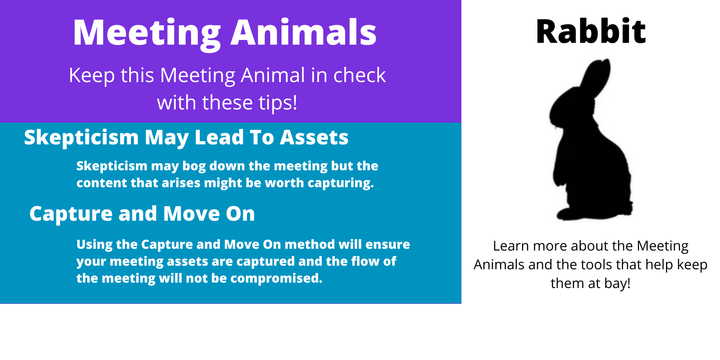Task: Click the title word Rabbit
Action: click(591, 32)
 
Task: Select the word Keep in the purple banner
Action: click(91, 76)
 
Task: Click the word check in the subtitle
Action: click(359, 76)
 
